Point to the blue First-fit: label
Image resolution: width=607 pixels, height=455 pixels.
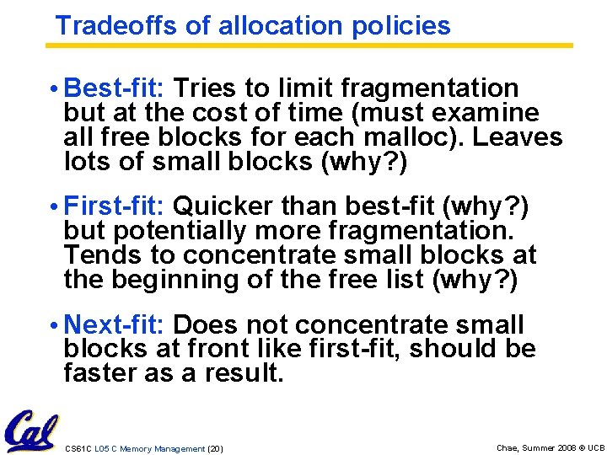117,206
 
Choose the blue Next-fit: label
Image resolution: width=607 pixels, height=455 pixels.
117,324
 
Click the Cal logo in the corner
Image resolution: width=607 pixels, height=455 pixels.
30,431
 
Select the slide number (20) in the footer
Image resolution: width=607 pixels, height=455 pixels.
214,449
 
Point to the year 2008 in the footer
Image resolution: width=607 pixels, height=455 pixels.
559,447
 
